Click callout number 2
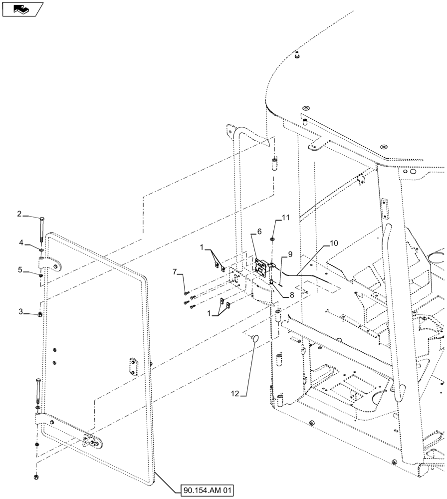(19, 214)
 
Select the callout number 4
(21, 242)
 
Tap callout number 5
(21, 270)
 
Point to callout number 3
(21, 312)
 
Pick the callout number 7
(175, 271)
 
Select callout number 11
(285, 217)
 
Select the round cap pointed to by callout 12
(255, 339)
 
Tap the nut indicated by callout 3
(40, 314)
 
